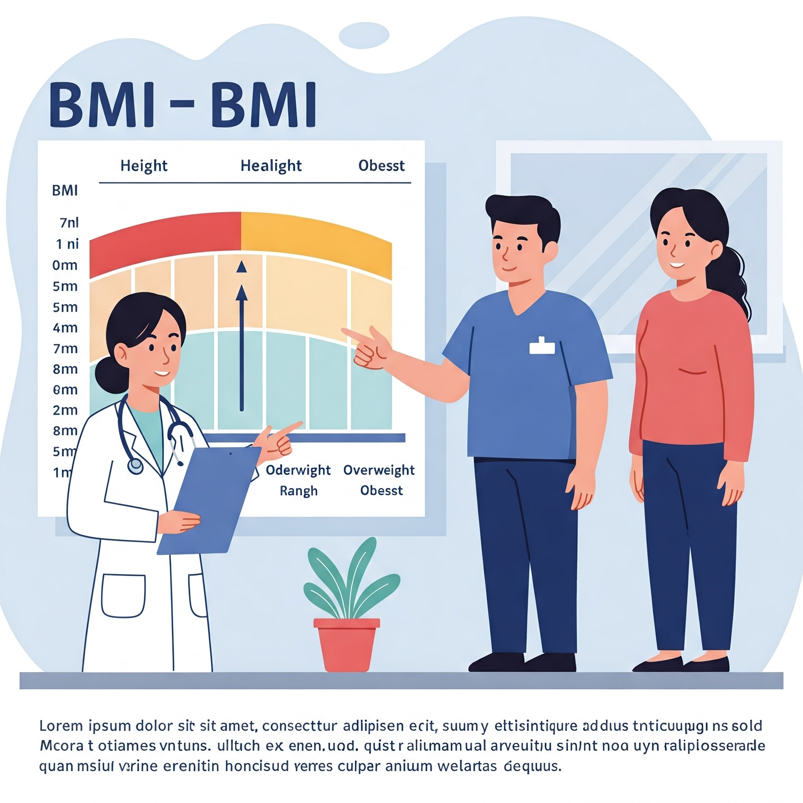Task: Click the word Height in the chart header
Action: point(144,166)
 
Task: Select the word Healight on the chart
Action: point(271,166)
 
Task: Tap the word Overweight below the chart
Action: point(379,470)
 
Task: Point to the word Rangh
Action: point(298,491)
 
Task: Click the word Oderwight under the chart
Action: point(298,470)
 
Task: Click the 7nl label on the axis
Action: point(69,223)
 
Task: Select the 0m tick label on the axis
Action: point(65,265)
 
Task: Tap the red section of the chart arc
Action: point(166,241)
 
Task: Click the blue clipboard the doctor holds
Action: point(208,499)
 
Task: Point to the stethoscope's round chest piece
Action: point(135,466)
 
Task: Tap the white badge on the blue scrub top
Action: point(542,346)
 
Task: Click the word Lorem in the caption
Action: point(61,726)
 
